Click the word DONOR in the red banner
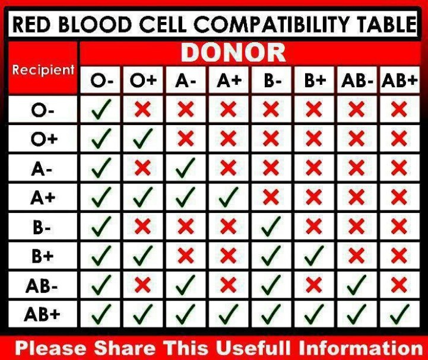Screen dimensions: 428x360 pyautogui.click(x=233, y=53)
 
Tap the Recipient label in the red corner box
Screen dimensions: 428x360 pyautogui.click(x=43, y=70)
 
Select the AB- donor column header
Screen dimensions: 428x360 pyautogui.click(x=357, y=81)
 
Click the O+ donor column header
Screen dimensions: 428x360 pyautogui.click(x=143, y=81)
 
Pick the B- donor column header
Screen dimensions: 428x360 pyautogui.click(x=272, y=81)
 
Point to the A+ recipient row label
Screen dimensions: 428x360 pyautogui.click(x=43, y=197)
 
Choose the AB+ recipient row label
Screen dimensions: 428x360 pyautogui.click(x=42, y=314)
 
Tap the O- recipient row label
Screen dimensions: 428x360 pyautogui.click(x=42, y=110)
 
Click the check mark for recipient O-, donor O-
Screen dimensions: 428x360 pyautogui.click(x=101, y=109)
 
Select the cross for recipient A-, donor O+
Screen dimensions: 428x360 pyautogui.click(x=142, y=167)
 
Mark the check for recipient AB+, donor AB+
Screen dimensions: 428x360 pyautogui.click(x=400, y=314)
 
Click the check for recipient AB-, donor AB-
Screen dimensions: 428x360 pyautogui.click(x=357, y=285)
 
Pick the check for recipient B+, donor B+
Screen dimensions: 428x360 pyautogui.click(x=314, y=256)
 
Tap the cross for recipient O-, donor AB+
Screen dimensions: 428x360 pyautogui.click(x=399, y=109)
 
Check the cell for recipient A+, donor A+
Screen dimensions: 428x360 pyautogui.click(x=229, y=197)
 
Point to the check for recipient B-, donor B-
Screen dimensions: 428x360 pyautogui.click(x=271, y=227)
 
